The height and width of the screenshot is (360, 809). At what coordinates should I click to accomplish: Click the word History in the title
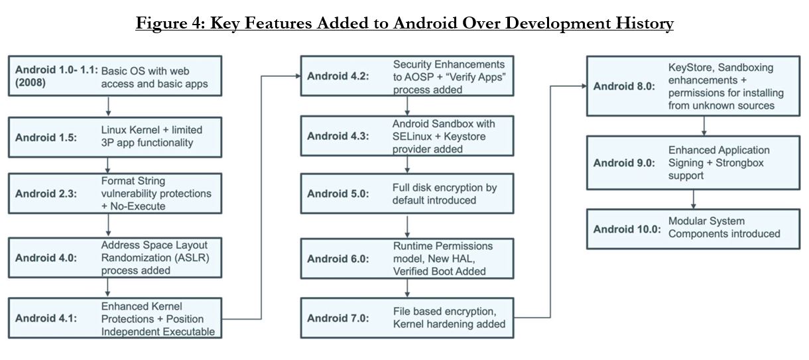click(645, 23)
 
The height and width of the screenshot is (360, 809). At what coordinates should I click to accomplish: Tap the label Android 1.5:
click(46, 138)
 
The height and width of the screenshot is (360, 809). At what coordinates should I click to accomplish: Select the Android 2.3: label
click(46, 194)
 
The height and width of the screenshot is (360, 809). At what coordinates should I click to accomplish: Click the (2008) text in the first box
click(31, 83)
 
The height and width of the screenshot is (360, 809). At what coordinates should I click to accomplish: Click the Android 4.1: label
click(46, 318)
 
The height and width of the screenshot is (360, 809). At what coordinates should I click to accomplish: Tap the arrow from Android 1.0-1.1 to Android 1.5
click(108, 106)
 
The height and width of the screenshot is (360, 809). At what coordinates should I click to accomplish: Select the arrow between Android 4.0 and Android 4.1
click(107, 288)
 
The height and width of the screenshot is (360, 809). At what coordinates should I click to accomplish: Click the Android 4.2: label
click(338, 76)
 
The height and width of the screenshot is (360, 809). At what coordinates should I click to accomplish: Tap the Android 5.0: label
click(338, 194)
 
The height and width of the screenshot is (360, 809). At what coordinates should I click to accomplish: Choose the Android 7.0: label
click(338, 318)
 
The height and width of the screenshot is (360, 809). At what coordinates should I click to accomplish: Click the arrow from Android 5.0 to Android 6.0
click(407, 227)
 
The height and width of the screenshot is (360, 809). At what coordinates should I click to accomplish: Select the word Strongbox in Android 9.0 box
click(739, 163)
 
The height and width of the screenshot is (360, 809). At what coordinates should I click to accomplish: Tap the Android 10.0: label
click(627, 229)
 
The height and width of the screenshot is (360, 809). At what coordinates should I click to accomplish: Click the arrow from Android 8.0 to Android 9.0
click(704, 126)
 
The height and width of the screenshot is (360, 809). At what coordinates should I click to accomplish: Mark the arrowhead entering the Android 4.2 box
click(298, 76)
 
